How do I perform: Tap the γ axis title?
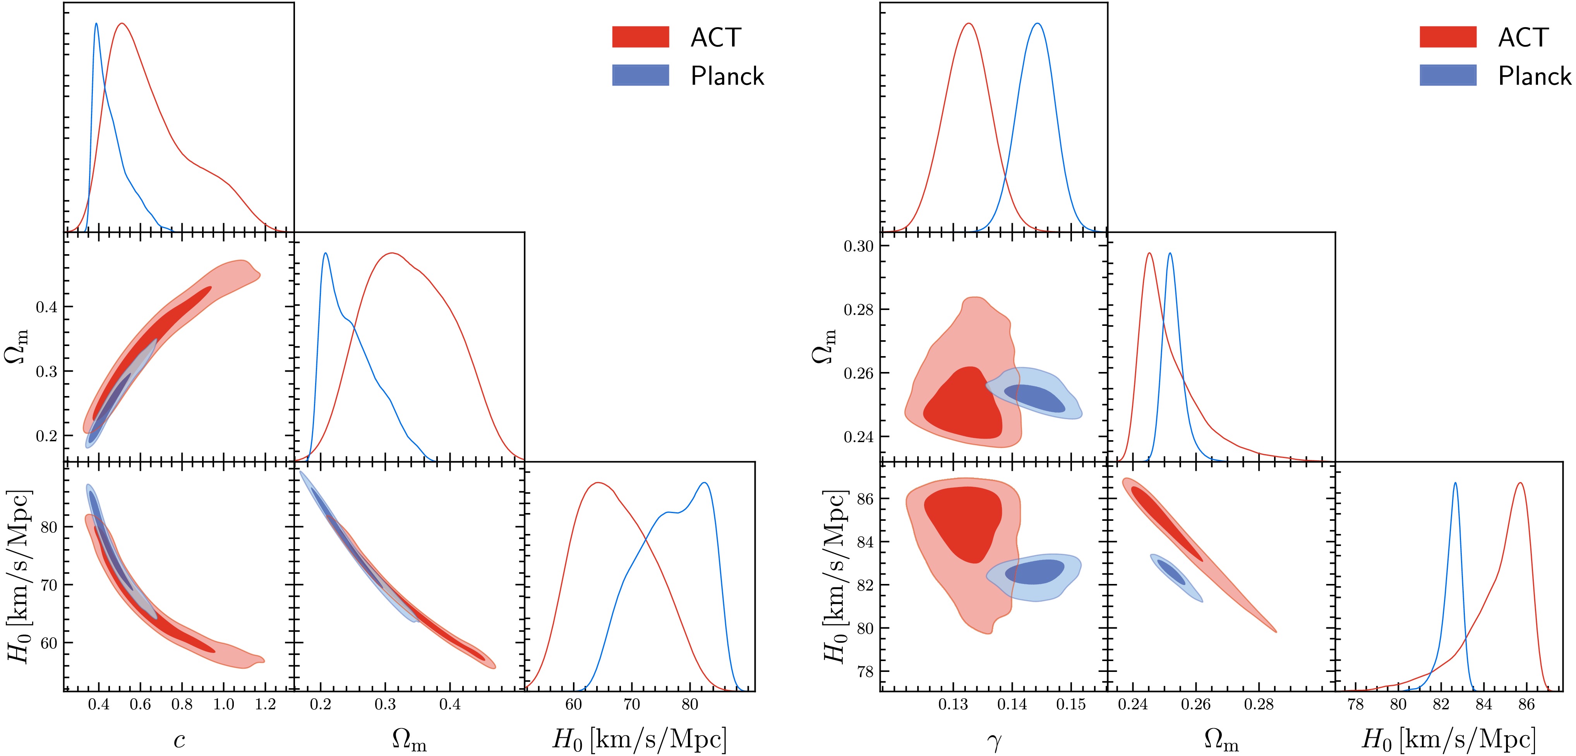click(994, 741)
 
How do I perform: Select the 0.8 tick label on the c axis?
click(182, 704)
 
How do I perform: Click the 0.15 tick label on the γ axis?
click(1071, 704)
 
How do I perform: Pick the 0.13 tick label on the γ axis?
click(953, 704)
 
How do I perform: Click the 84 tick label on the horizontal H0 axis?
click(1483, 704)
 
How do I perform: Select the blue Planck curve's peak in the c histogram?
click(96, 24)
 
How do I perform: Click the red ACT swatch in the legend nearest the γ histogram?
click(1447, 37)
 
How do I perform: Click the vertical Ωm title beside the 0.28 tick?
click(823, 346)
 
